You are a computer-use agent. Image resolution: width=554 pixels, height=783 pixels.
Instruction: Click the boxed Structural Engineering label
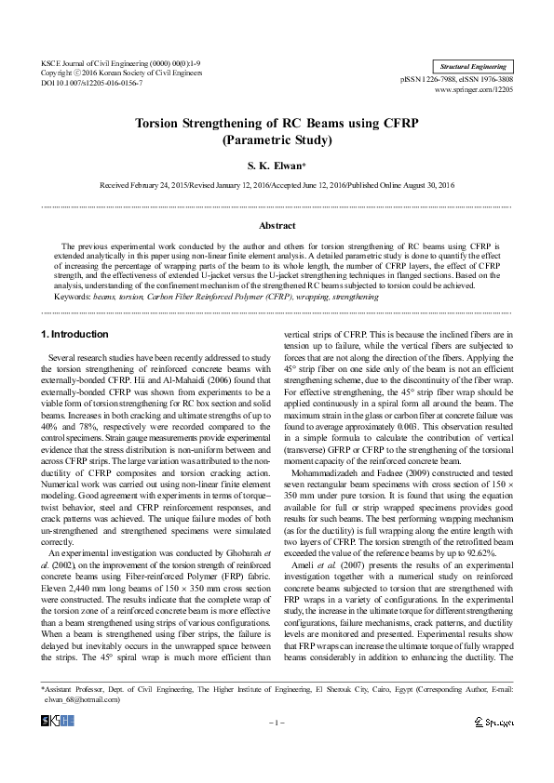click(x=474, y=67)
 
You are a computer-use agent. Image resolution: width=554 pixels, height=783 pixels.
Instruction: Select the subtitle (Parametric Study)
click(x=277, y=140)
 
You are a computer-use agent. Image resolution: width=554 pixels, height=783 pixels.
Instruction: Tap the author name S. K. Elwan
click(x=277, y=166)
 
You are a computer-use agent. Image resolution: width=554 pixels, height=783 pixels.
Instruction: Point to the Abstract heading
click(x=277, y=226)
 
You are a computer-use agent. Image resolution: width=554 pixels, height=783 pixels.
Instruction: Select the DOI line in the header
click(x=92, y=83)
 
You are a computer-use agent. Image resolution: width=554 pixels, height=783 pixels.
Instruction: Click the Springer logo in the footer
click(x=493, y=722)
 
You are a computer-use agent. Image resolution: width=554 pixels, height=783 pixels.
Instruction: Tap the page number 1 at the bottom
click(x=277, y=722)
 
